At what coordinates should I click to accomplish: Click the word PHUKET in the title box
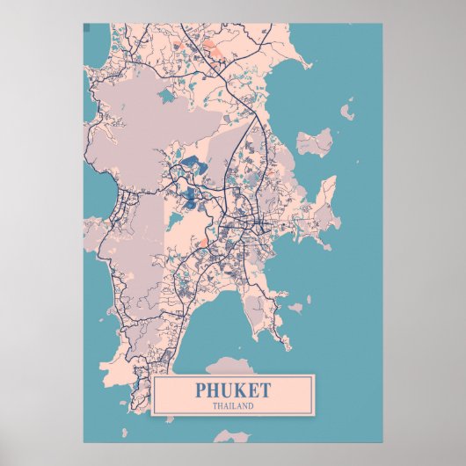[x=233, y=390]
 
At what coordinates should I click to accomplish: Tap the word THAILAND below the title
[x=233, y=405]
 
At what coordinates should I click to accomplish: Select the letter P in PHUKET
[x=202, y=390]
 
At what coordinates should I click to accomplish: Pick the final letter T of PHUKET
[x=266, y=390]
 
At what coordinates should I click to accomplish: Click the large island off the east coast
[x=315, y=141]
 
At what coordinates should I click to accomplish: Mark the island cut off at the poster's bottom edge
[x=231, y=435]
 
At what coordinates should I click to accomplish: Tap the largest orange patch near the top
[x=212, y=49]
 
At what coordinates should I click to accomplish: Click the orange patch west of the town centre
[x=204, y=240]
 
